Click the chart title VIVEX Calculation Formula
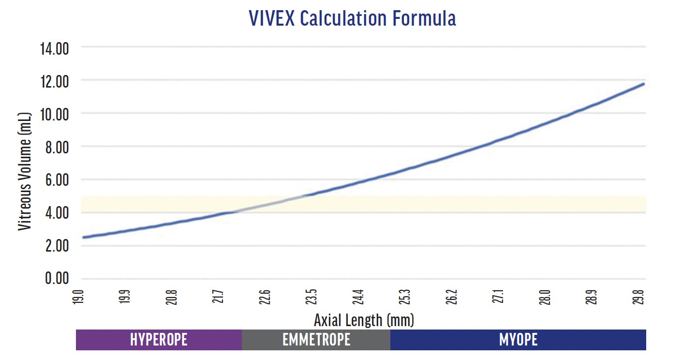tap(352, 18)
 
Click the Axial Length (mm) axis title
tap(364, 320)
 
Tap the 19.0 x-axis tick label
tap(80, 296)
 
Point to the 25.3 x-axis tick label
tap(405, 296)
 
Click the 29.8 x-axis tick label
tap(641, 296)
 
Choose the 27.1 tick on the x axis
tap(499, 296)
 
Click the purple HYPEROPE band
tap(159, 340)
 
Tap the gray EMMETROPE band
tap(316, 340)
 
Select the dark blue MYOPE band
tap(518, 340)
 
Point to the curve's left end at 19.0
tap(84, 237)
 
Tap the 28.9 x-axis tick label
tap(592, 296)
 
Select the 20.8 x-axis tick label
tap(173, 296)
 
